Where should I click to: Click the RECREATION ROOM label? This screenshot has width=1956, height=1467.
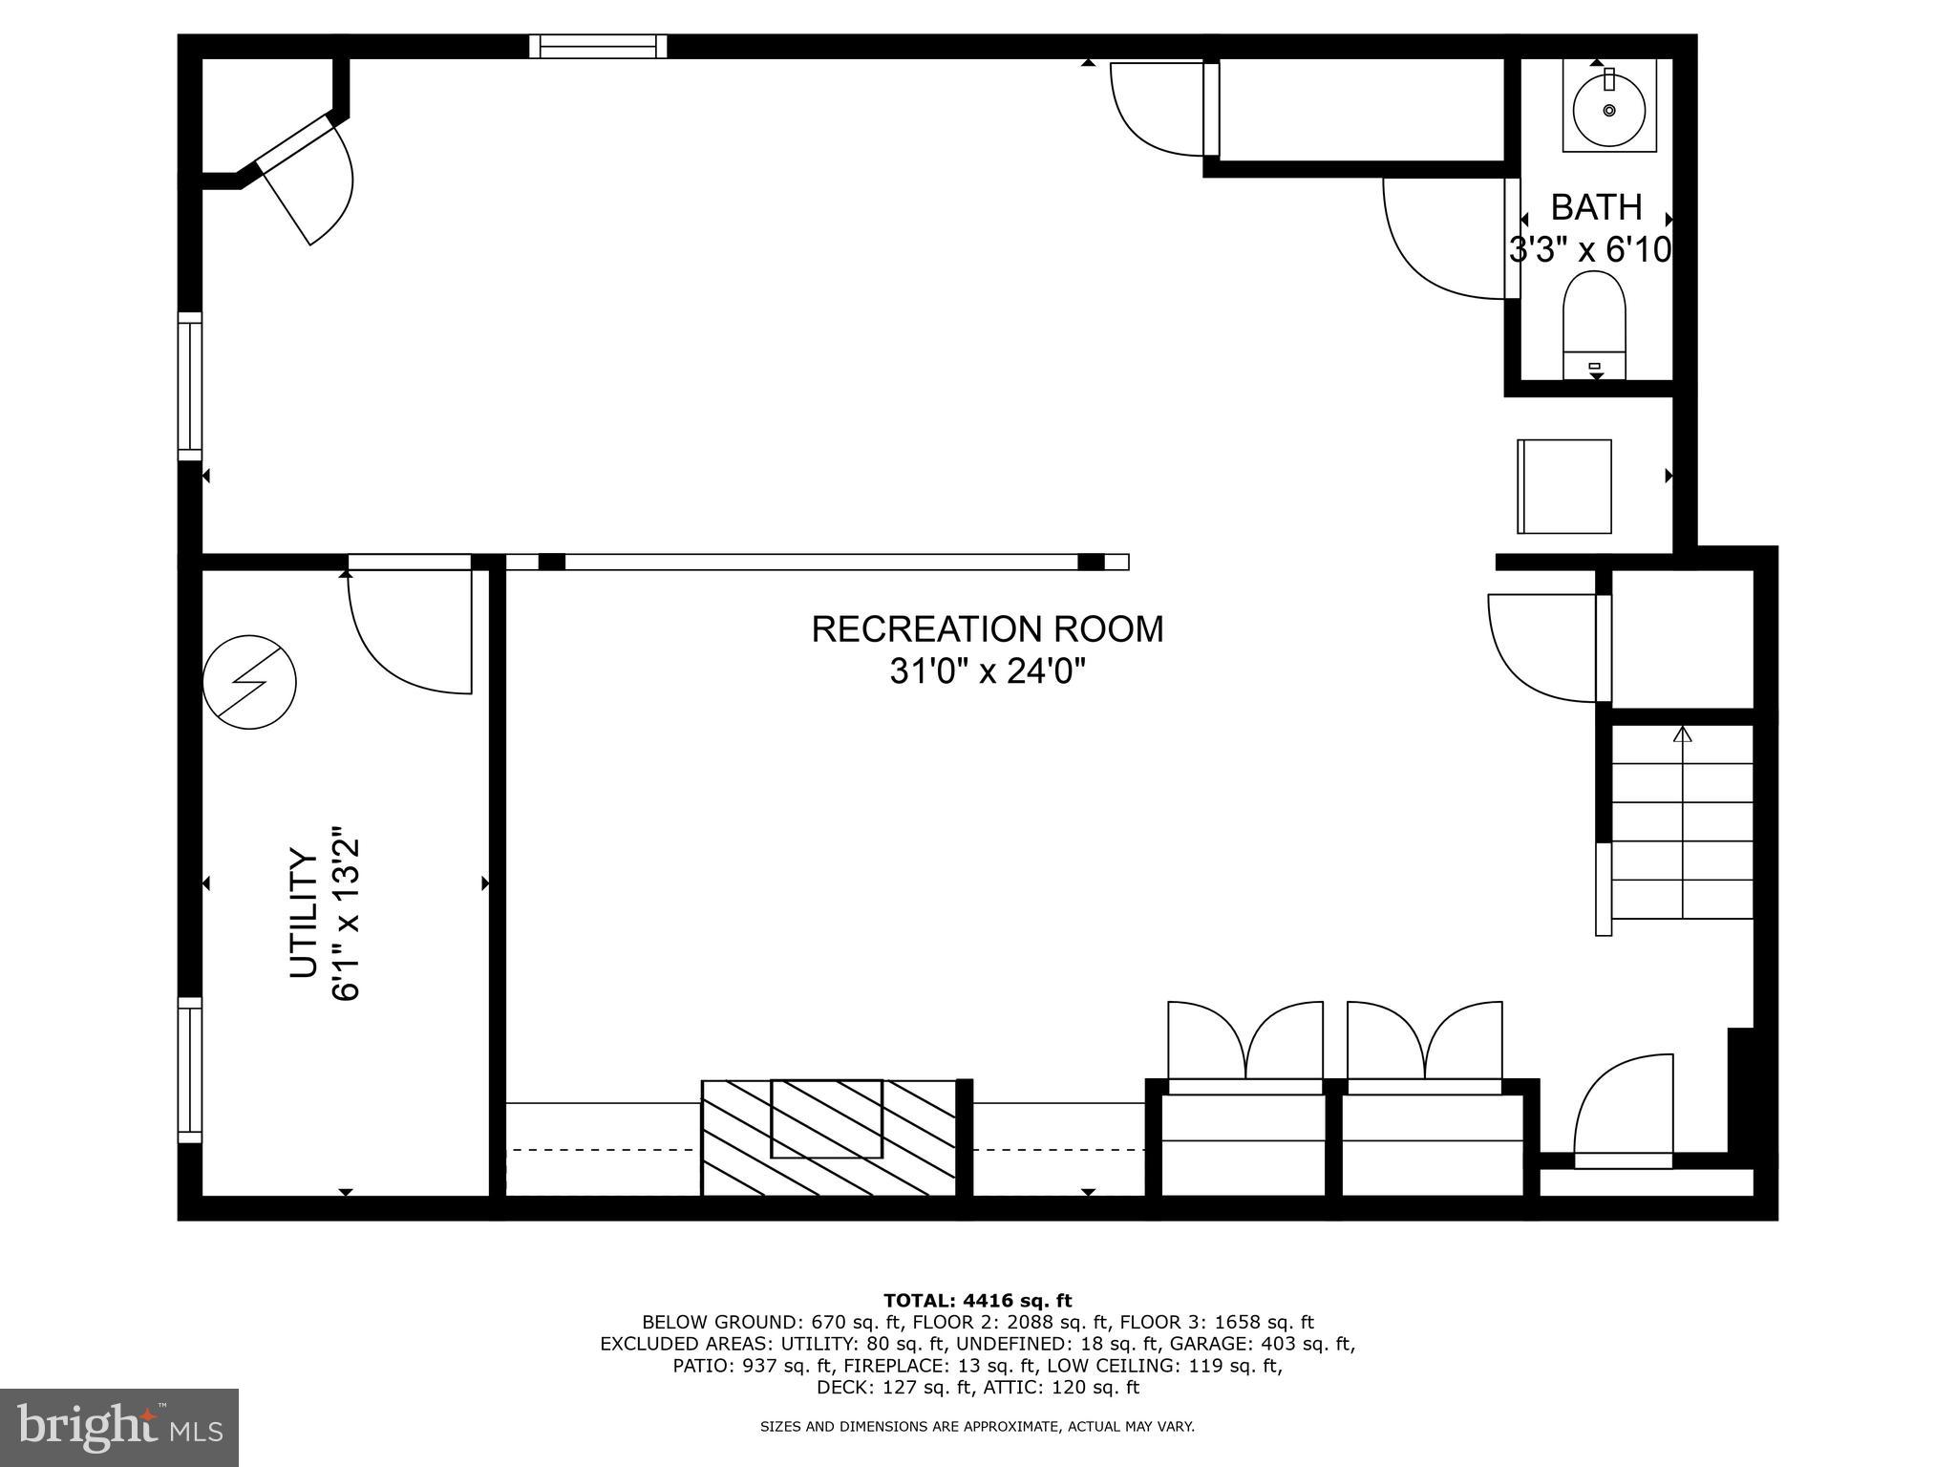coord(988,629)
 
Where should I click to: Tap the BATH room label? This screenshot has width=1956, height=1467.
coord(1596,207)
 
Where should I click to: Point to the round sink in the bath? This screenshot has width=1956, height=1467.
coord(1608,111)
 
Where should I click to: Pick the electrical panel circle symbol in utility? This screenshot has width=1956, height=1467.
coord(250,682)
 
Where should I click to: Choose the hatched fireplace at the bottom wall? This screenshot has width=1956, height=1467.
coord(828,1137)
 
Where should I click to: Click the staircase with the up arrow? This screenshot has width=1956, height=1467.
coord(1682,821)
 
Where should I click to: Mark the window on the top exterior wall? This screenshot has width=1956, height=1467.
coord(598,46)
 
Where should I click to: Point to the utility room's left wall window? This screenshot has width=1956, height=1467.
coord(190,1070)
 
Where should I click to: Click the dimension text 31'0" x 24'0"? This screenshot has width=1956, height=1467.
coord(988,672)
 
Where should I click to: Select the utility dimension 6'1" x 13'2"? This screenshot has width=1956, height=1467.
coord(346,919)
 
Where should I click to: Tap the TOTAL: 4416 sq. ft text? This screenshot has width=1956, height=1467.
coord(977,1301)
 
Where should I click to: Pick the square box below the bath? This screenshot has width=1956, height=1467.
coord(1564,486)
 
